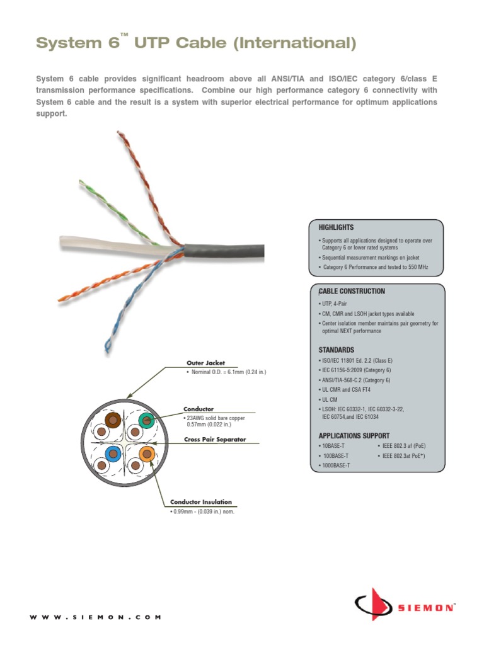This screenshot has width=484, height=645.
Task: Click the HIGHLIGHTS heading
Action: (336, 227)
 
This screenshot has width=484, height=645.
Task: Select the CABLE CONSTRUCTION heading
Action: (352, 292)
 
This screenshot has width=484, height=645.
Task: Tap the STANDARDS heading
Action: (336, 350)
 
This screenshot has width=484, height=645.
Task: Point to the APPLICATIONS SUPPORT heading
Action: (354, 436)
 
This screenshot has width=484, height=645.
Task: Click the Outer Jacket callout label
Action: (205, 363)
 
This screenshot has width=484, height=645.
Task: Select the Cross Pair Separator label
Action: (215, 440)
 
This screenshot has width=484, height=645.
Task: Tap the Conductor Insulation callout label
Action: (201, 502)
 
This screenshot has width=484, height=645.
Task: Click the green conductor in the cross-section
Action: (147, 420)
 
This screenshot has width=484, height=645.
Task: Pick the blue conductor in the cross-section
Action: (114, 454)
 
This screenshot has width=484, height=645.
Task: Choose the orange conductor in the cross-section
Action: (147, 454)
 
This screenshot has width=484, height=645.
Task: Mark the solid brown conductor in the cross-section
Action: (113, 420)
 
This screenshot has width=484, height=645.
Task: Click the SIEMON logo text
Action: (425, 608)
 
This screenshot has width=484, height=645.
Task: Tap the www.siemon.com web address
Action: (95, 617)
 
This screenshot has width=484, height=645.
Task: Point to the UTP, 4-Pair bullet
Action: (334, 304)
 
